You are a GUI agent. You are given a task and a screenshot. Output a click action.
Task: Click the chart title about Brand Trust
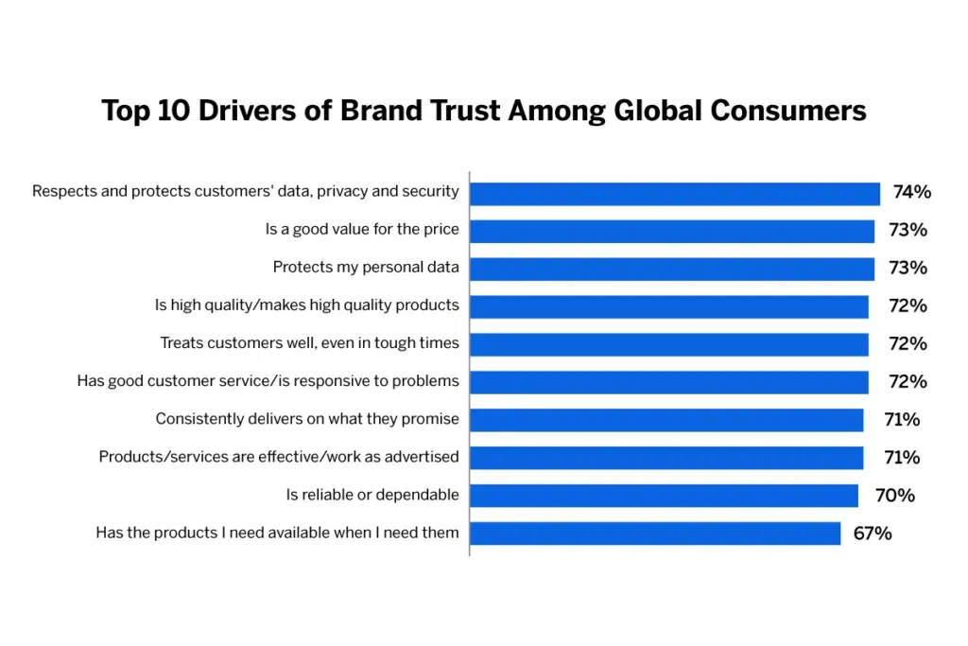[484, 112]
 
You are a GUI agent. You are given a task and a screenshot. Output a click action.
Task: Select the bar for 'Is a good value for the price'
[672, 231]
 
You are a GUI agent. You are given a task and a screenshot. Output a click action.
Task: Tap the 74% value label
[911, 193]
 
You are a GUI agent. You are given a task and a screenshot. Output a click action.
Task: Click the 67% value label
[872, 533]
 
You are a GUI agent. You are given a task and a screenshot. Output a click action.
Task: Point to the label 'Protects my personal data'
[366, 268]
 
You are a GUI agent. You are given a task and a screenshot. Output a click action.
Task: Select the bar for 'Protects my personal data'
[672, 269]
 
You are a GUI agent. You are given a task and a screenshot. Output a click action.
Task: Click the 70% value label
[894, 496]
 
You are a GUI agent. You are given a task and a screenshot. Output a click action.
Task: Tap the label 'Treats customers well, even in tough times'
[309, 343]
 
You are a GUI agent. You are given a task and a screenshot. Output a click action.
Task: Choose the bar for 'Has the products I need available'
[655, 533]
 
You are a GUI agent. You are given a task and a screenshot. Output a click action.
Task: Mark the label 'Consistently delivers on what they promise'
[307, 419]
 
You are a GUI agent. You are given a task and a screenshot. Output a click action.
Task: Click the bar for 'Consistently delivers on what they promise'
[666, 420]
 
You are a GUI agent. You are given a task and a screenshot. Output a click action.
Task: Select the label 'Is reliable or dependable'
[372, 495]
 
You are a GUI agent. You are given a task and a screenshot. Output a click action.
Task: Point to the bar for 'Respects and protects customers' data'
[675, 193]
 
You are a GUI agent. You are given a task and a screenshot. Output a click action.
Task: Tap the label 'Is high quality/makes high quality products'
[307, 306]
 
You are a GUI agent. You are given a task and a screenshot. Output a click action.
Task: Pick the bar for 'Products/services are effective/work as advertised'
[666, 458]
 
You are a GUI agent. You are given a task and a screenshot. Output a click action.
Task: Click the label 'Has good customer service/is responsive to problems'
[268, 381]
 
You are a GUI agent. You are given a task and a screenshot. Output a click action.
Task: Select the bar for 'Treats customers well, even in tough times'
[669, 344]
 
